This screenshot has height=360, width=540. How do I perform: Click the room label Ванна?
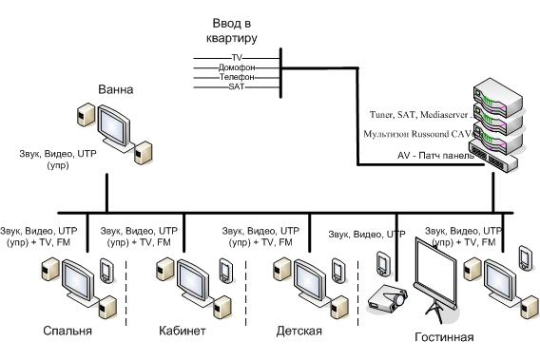pyautogui.click(x=116, y=89)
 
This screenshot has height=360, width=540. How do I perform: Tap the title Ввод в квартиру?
pyautogui.click(x=231, y=30)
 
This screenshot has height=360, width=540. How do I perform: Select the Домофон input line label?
pyautogui.click(x=237, y=67)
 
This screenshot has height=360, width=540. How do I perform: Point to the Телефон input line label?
pyautogui.click(x=237, y=77)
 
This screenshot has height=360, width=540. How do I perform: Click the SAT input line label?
pyautogui.click(x=237, y=86)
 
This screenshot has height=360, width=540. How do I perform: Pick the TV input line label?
pyautogui.click(x=237, y=58)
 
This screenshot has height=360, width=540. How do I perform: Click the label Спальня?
pyautogui.click(x=67, y=331)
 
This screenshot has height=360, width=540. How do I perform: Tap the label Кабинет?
pyautogui.click(x=183, y=331)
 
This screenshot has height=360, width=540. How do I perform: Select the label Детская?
pyautogui.click(x=299, y=332)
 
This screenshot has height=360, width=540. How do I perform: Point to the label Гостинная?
pyautogui.click(x=444, y=337)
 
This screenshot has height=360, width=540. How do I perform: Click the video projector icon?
pyautogui.click(x=388, y=298)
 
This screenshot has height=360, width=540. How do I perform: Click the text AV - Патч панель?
pyautogui.click(x=436, y=156)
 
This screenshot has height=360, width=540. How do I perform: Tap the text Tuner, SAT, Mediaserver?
pyautogui.click(x=418, y=115)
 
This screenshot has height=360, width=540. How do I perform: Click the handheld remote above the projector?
pyautogui.click(x=382, y=263)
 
